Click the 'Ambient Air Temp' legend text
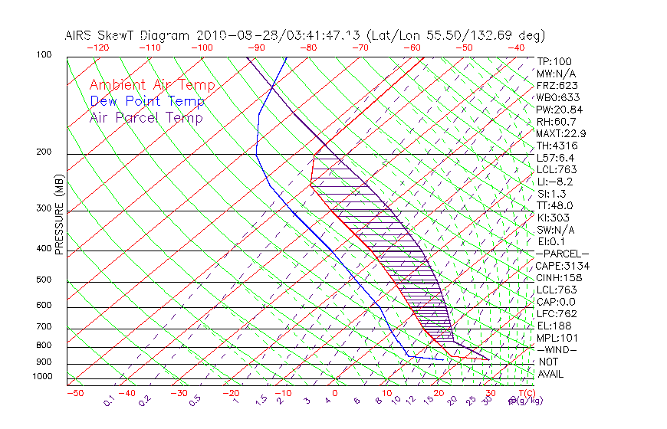[152, 86]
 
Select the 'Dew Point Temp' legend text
[147, 102]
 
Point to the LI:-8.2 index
[554, 182]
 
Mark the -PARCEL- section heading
[562, 254]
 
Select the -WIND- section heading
[557, 349]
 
